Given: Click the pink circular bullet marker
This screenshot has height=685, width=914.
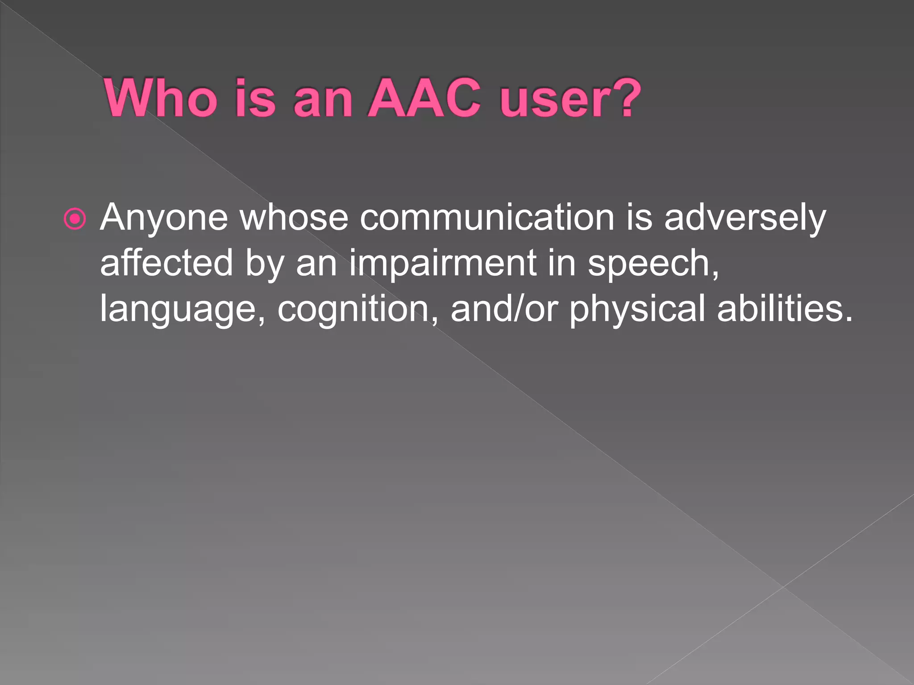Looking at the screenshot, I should [75, 219].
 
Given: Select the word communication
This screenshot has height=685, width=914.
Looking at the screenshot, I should [487, 217].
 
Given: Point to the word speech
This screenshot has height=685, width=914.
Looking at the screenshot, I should [652, 264].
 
